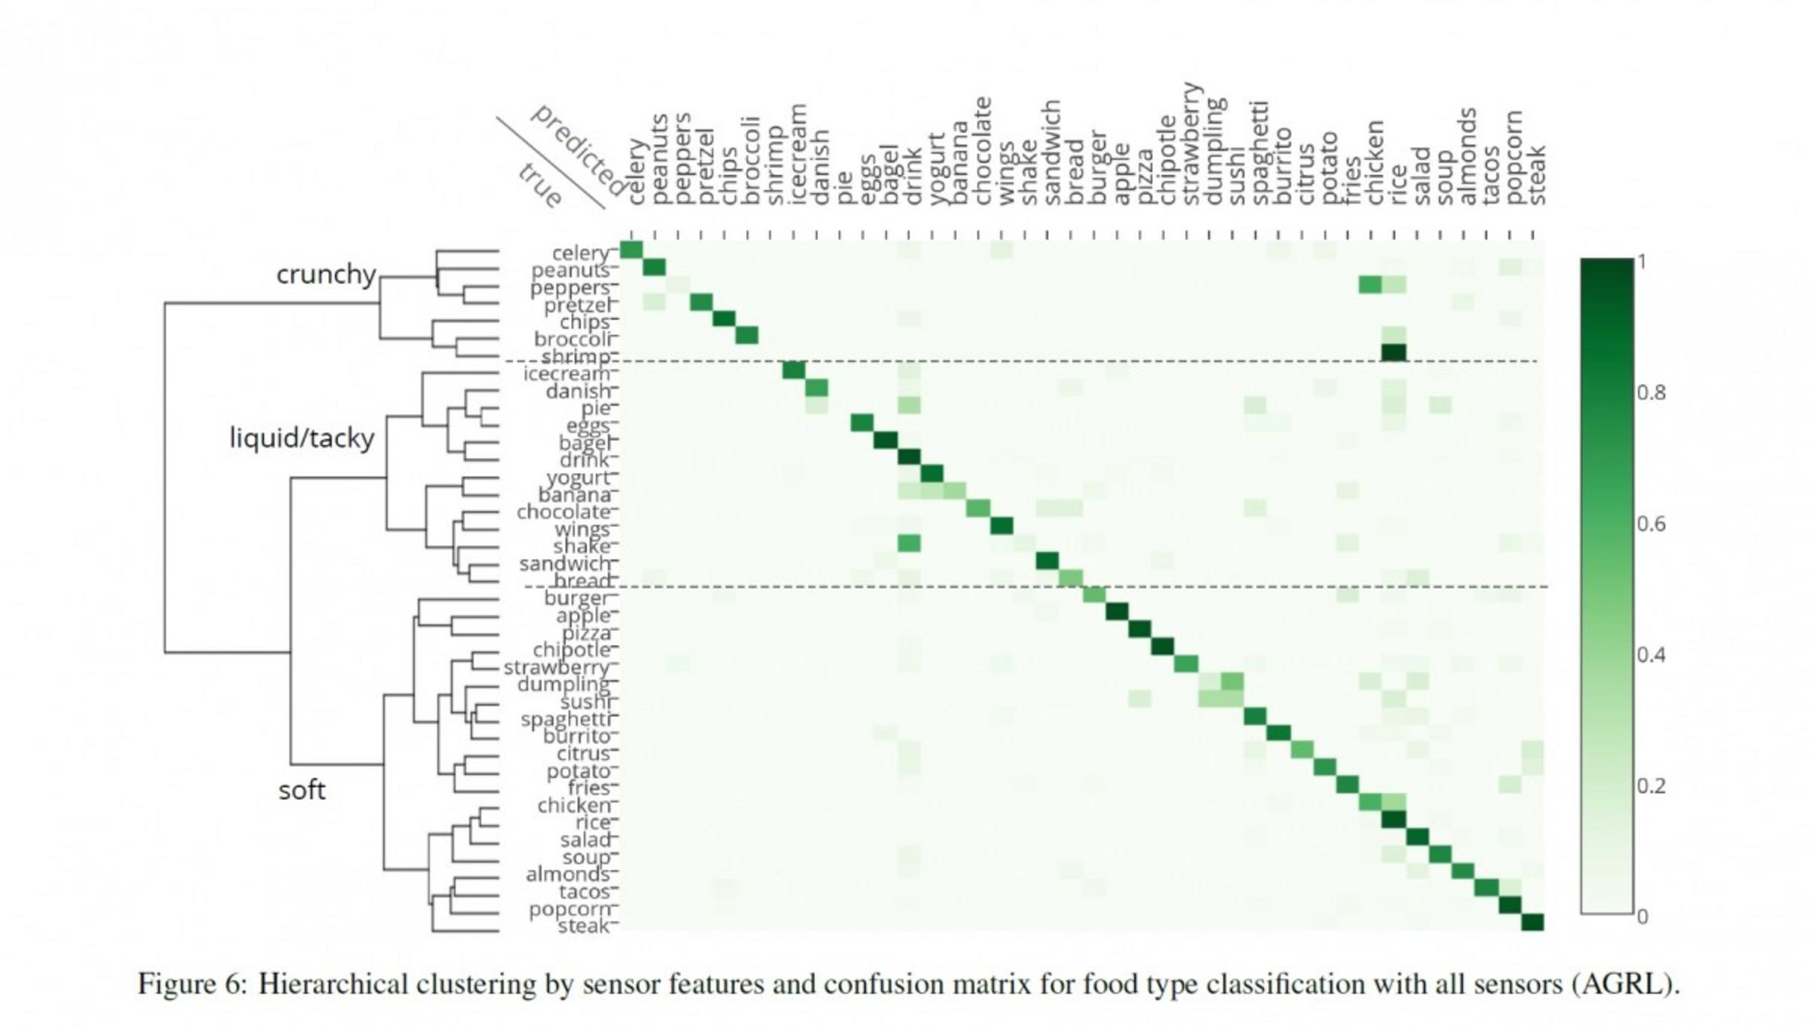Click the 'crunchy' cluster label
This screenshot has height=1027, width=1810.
click(x=326, y=274)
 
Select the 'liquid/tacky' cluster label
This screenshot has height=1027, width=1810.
click(x=302, y=438)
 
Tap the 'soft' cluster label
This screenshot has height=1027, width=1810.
click(x=302, y=790)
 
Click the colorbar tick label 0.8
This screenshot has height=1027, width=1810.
click(x=1652, y=393)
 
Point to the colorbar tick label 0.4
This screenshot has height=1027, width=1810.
click(x=1652, y=655)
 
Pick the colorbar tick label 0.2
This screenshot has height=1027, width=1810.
click(x=1652, y=786)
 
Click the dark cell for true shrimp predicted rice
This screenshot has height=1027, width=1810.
click(x=1394, y=352)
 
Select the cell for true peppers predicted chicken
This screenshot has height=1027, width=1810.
click(x=1370, y=285)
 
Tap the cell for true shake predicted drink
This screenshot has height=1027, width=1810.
click(x=910, y=543)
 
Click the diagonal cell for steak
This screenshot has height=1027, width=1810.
click(x=1532, y=921)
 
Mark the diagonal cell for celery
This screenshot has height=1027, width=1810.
click(x=631, y=250)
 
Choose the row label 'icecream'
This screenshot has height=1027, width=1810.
click(x=566, y=374)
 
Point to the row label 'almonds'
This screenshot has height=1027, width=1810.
click(x=568, y=875)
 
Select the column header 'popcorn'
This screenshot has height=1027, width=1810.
click(x=1514, y=158)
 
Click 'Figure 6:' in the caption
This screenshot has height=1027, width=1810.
click(x=192, y=985)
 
